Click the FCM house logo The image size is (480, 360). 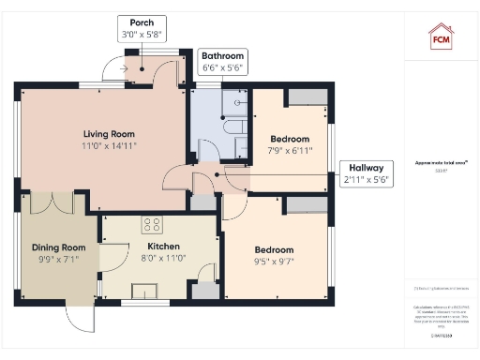click(441, 36)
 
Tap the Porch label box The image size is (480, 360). click(142, 28)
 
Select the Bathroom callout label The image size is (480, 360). click(223, 62)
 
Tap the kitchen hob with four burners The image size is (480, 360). click(152, 225)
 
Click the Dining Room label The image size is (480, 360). click(59, 247)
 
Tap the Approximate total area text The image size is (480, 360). click(440, 163)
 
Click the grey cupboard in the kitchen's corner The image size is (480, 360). click(203, 292)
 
